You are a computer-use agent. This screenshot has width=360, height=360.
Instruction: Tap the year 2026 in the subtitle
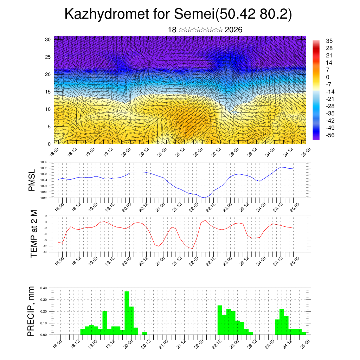233,30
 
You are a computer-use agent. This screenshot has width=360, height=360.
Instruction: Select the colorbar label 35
329,41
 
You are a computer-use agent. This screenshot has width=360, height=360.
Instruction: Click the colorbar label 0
328,77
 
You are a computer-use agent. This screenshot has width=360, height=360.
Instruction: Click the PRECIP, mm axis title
32,311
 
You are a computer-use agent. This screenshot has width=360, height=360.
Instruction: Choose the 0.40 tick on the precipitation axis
44,288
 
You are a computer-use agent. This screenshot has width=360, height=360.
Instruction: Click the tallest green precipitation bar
127,313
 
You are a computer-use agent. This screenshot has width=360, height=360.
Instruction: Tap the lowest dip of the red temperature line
192,249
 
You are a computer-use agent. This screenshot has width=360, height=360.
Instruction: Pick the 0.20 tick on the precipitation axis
44,311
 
